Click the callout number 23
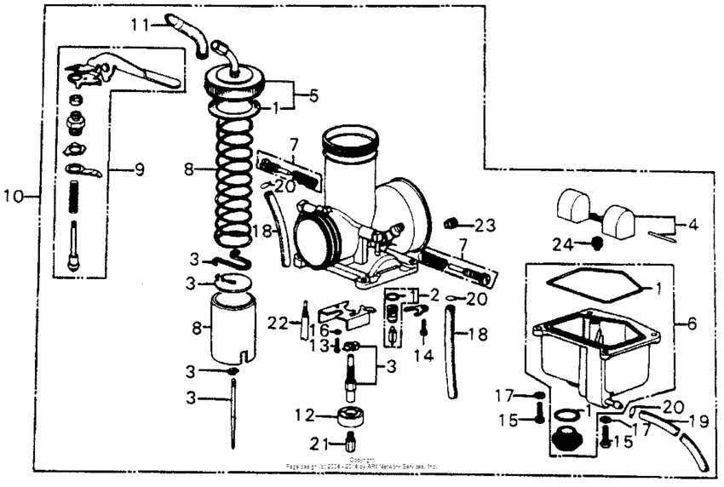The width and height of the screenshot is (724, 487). (x=485, y=226)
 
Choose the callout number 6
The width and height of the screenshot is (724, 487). (x=691, y=324)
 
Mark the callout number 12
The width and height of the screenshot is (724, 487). (x=305, y=415)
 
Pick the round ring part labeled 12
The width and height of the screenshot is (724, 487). (x=349, y=417)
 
